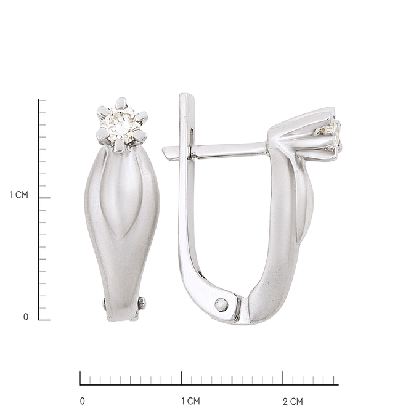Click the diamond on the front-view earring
pos(122,124)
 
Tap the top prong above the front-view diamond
pos(121,103)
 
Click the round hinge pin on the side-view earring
pos(222,304)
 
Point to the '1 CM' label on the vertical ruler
pos(18,195)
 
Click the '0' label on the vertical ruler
pos(26,317)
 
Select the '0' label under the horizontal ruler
pos(83,401)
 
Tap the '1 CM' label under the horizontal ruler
pos(190,401)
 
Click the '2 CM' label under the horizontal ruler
pos(293,401)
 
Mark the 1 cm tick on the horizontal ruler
pos(182,378)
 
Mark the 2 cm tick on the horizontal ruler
pos(283,378)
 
